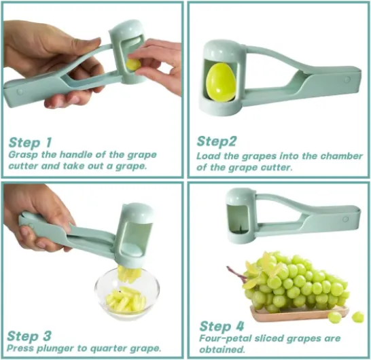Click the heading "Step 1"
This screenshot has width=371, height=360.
coord(30,143)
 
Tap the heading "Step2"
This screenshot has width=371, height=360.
coord(217,141)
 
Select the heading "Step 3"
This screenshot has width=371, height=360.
coord(29,336)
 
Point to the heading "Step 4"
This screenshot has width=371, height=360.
coord(222,327)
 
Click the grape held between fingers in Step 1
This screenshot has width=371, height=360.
coord(134,65)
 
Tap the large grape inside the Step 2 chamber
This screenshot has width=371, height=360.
coord(221,83)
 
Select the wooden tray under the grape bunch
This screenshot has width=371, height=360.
coord(299,313)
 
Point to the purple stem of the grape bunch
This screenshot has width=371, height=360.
coord(236,274)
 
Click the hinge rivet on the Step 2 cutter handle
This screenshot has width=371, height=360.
coord(347,79)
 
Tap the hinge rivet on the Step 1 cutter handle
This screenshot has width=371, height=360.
coord(20,92)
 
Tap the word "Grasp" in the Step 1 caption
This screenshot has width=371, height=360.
coord(22,155)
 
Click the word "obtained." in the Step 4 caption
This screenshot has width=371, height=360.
coord(222,349)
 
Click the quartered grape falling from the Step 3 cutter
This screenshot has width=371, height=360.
coord(130,273)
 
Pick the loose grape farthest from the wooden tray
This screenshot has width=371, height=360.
coord(357,317)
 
